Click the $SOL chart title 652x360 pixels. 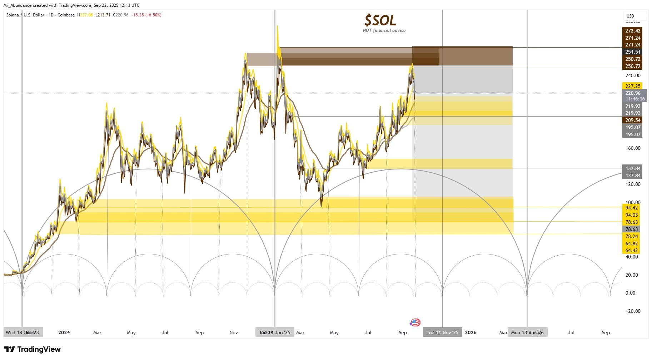pyautogui.click(x=380, y=20)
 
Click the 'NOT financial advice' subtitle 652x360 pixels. pyautogui.click(x=384, y=30)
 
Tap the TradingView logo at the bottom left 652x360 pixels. pyautogui.click(x=33, y=349)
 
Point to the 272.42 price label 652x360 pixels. pyautogui.click(x=633, y=31)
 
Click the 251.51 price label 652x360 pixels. pyautogui.click(x=633, y=52)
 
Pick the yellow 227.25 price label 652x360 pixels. pyautogui.click(x=633, y=86)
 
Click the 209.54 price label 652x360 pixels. pyautogui.click(x=633, y=120)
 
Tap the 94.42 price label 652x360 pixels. pyautogui.click(x=632, y=208)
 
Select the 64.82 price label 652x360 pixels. pyautogui.click(x=632, y=243)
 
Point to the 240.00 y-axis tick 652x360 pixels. pyautogui.click(x=633, y=75)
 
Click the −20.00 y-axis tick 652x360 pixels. pyautogui.click(x=633, y=311)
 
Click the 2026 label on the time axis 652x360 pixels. pyautogui.click(x=471, y=332)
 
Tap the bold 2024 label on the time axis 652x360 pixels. pyautogui.click(x=64, y=332)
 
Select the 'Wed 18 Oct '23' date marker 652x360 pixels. pyautogui.click(x=23, y=332)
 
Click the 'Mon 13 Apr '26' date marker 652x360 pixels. pyautogui.click(x=527, y=332)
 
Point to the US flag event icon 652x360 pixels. pyautogui.click(x=415, y=322)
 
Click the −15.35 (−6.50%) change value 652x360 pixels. pyautogui.click(x=146, y=15)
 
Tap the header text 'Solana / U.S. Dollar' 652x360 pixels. pyautogui.click(x=25, y=15)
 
